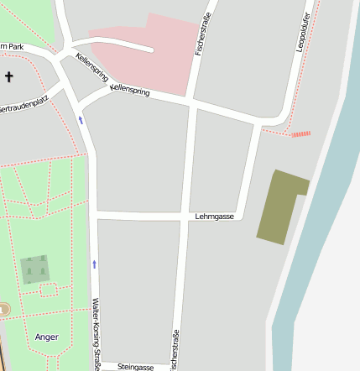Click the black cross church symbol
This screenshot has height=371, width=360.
(9, 77)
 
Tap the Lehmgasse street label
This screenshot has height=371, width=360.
(214, 217)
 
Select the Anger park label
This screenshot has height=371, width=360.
(47, 337)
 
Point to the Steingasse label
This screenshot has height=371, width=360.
(135, 367)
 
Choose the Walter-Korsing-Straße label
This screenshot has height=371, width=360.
(97, 332)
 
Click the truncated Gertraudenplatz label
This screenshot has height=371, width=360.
(23, 106)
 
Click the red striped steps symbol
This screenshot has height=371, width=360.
(300, 133)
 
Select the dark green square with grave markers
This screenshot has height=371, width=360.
(35, 269)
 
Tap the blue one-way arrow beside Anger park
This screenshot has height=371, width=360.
(94, 264)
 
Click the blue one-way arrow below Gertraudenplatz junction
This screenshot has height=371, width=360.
(81, 120)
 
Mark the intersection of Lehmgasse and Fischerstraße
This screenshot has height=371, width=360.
(183, 217)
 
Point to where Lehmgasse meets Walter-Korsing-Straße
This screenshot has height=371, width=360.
(97, 216)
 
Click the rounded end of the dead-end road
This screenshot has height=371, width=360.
(150, 50)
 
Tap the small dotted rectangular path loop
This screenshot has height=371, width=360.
(49, 290)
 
